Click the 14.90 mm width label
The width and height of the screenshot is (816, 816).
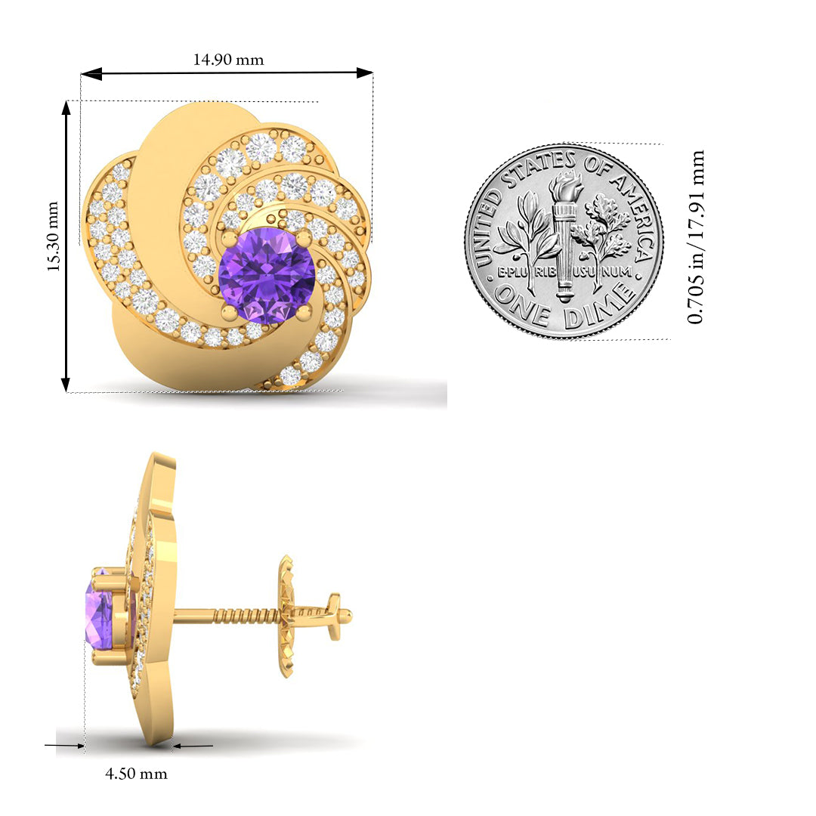pos(228,60)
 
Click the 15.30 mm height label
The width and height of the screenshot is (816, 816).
pos(54,236)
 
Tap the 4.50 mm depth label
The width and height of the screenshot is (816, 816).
pos(136,774)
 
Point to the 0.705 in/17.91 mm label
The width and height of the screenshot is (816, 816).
pos(695,237)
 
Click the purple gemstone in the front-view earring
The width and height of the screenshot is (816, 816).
pos(267,275)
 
